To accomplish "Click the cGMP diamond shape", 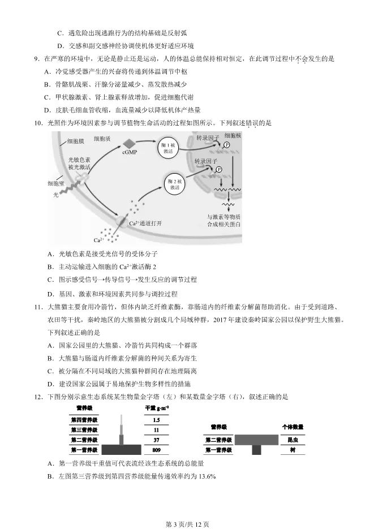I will (x=130, y=143).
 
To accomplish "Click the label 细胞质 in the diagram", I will (x=102, y=138).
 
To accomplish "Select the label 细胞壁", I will (x=56, y=183).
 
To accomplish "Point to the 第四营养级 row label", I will (x=84, y=420).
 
